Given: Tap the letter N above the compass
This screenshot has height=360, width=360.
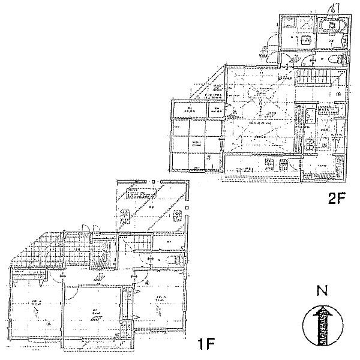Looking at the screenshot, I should [x=322, y=293].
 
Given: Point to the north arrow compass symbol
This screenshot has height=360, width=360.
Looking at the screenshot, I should [x=323, y=325].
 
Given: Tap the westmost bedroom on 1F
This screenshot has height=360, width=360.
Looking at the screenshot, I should [x=36, y=309].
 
